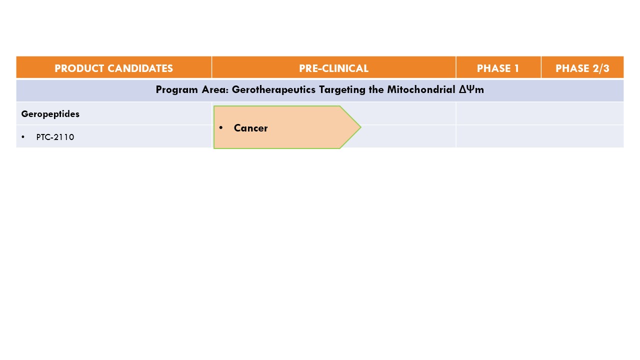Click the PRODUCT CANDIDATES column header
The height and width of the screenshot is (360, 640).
(x=113, y=68)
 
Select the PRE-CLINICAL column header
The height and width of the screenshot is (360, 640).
(x=333, y=68)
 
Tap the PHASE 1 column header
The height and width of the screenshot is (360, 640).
(x=498, y=68)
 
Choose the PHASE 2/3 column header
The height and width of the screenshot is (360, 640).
(x=582, y=68)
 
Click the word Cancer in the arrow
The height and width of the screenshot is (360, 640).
(x=250, y=128)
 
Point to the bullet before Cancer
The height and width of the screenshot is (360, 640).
(x=220, y=127)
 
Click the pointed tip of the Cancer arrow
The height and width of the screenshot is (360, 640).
(x=361, y=127)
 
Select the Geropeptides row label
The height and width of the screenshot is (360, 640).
(x=50, y=114)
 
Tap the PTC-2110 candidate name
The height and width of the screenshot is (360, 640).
(x=55, y=137)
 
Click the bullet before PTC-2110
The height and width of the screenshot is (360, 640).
(x=23, y=137)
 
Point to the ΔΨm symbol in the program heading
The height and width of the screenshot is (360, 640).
(x=471, y=89)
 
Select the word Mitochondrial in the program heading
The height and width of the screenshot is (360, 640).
(x=421, y=89)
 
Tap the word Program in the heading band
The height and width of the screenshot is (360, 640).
(x=177, y=90)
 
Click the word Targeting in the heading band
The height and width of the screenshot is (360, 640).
(x=342, y=90)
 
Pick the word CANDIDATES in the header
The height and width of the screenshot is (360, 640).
(x=140, y=68)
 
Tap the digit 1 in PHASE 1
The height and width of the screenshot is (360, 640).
(x=516, y=68)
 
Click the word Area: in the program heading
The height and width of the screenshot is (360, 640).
(x=215, y=89)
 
